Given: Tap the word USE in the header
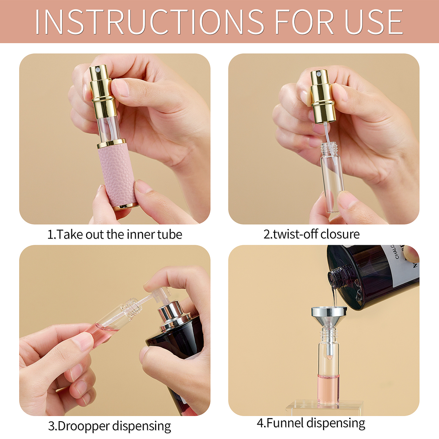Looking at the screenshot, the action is point(373,22).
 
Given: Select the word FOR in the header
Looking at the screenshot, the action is point(305,22).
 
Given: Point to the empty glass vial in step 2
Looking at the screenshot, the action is point(332,177).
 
